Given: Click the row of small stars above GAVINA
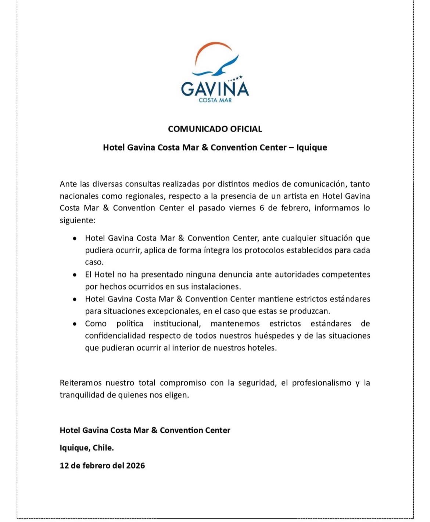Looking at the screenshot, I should click(x=235, y=78).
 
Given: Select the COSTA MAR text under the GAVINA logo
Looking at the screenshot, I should click(x=215, y=100).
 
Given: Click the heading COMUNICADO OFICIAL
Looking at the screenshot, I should click(x=215, y=129).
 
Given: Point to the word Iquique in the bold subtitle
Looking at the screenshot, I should click(x=312, y=147).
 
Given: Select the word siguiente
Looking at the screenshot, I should click(x=77, y=220).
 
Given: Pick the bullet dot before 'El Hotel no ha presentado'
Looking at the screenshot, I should click(x=75, y=275).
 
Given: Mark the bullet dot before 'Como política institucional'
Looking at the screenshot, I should click(x=75, y=324).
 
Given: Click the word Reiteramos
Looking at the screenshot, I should click(x=80, y=383).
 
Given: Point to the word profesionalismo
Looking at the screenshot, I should click(x=322, y=383).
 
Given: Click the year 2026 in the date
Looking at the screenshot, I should click(x=135, y=465).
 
